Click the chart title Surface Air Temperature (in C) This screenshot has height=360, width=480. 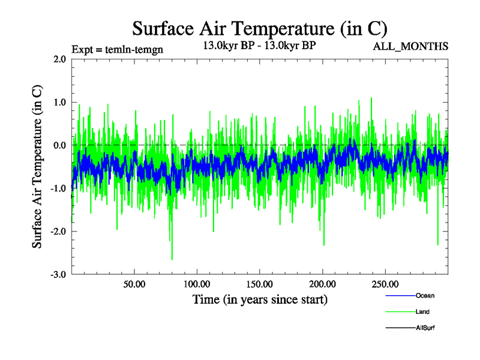[260, 28]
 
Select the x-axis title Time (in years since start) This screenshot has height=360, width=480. [260, 298]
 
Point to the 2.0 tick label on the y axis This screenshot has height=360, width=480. [60, 59]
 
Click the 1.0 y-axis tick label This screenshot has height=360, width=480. [60, 102]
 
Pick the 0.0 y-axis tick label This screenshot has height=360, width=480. [60, 145]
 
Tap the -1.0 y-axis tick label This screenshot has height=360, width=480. [58, 188]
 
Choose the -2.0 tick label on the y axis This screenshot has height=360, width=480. [58, 232]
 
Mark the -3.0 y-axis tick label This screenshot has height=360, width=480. [58, 275]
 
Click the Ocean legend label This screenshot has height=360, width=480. [425, 296]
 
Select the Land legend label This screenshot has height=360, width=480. [422, 312]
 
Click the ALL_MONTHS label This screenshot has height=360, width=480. [411, 47]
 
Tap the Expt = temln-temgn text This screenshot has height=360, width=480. [113, 49]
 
